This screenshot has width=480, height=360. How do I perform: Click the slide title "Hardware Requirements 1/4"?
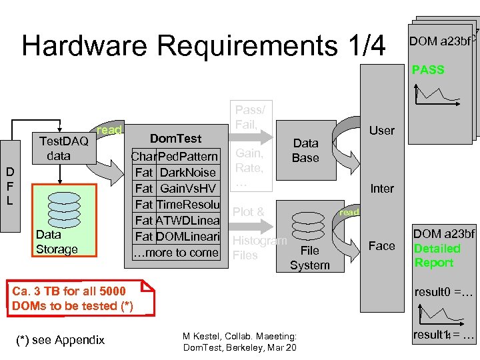point(203,45)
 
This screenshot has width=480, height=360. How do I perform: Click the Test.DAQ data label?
point(63,148)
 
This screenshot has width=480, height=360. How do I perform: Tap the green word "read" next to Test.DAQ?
point(109,130)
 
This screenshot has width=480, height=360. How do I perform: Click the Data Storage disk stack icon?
point(57,209)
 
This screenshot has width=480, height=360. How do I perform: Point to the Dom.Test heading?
point(175,139)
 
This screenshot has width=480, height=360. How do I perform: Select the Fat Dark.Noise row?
point(175,172)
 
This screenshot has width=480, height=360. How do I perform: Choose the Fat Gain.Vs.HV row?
point(175,188)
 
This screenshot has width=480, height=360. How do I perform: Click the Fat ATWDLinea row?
point(176,220)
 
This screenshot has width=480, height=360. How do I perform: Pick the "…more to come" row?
point(176,252)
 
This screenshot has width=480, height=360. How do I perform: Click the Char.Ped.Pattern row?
point(175,156)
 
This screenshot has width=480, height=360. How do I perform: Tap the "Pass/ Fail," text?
point(250,117)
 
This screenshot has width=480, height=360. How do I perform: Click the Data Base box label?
point(305,150)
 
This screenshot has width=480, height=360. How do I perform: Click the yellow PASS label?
point(428,69)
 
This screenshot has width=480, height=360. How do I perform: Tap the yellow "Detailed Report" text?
point(437,255)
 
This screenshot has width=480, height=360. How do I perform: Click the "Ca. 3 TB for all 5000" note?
point(69,291)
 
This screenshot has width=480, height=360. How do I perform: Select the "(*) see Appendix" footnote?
point(59,340)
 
